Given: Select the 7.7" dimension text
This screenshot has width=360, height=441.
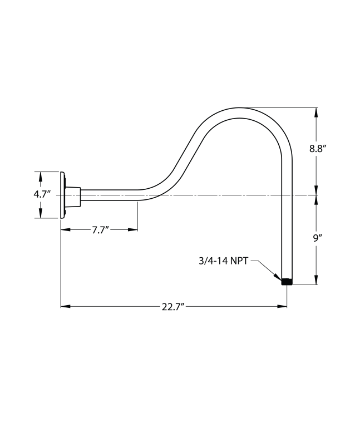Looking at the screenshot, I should (x=100, y=229).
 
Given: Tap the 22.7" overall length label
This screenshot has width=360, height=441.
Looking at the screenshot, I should (x=173, y=306).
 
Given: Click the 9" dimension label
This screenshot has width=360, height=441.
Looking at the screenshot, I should (x=317, y=238).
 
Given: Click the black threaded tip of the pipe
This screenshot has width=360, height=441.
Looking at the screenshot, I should (x=287, y=282).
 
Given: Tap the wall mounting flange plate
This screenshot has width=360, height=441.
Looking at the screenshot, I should (x=63, y=195).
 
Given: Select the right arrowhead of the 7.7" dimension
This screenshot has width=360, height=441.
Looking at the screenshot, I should (x=133, y=229).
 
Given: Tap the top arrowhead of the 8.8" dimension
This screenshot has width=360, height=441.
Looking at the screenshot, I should (x=317, y=112).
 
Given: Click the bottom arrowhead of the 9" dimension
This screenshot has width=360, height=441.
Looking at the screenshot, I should (x=317, y=281).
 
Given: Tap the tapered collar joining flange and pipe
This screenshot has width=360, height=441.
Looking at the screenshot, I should (x=73, y=195).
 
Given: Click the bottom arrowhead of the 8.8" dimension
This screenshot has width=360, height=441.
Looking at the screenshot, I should (x=317, y=190).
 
